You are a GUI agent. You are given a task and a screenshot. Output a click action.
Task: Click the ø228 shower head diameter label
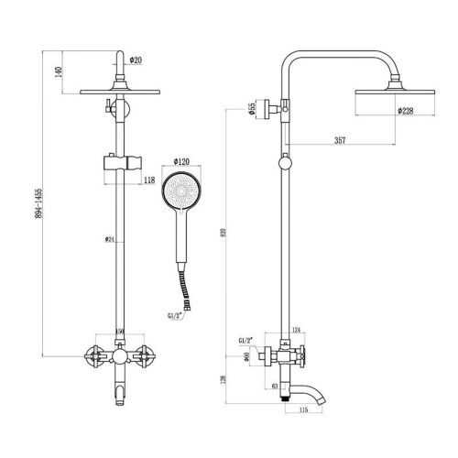click(x=407, y=110)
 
